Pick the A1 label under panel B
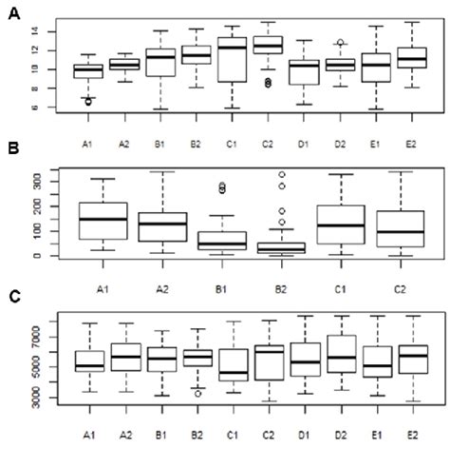tap(90, 279)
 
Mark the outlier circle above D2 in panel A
tap(340, 43)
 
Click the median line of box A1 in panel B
tap(90, 219)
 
